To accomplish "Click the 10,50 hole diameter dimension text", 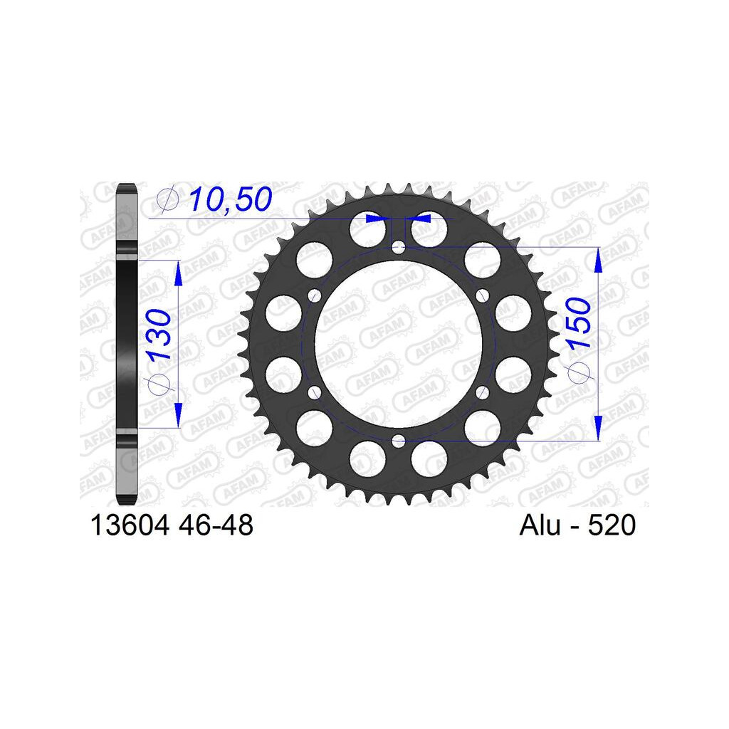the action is click(x=230, y=199).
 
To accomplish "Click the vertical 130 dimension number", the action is click(x=159, y=335).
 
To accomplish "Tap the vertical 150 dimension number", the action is click(x=578, y=323).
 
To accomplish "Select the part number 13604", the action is click(x=130, y=525).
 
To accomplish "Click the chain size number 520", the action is click(x=612, y=525).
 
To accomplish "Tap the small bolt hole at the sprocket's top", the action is click(x=399, y=247).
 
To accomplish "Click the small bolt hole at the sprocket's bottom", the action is click(x=399, y=441).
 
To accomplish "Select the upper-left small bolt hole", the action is click(x=315, y=295).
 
